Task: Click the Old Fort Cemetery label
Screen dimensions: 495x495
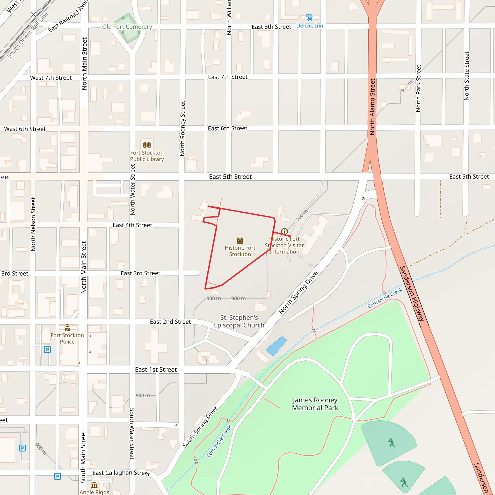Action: pyautogui.click(x=127, y=27)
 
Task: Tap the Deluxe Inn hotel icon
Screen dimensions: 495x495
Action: pyautogui.click(x=310, y=17)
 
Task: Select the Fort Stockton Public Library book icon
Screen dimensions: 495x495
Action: pyautogui.click(x=147, y=145)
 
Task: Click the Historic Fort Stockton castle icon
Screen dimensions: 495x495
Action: pyautogui.click(x=240, y=240)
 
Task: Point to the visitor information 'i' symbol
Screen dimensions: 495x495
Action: pyautogui.click(x=284, y=231)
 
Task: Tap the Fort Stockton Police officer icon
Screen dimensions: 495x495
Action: pyautogui.click(x=67, y=328)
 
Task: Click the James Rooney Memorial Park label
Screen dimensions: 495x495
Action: pyautogui.click(x=315, y=404)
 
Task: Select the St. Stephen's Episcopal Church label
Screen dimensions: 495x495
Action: pyautogui.click(x=239, y=321)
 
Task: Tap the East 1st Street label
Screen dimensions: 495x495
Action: pyautogui.click(x=156, y=370)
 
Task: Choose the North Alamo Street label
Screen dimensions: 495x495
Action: pyautogui.click(x=372, y=107)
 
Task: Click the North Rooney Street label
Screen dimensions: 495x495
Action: pyautogui.click(x=182, y=128)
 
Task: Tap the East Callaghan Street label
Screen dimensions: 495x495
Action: pyautogui.click(x=121, y=473)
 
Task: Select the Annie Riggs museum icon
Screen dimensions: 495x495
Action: pyautogui.click(x=94, y=485)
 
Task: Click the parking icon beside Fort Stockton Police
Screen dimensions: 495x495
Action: pyautogui.click(x=47, y=349)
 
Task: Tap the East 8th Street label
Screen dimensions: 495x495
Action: pyautogui.click(x=271, y=27)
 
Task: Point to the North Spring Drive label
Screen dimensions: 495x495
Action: pyautogui.click(x=298, y=292)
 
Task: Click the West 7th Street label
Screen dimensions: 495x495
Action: pyautogui.click(x=51, y=78)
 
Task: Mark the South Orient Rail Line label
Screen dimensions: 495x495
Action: pyautogui.click(x=27, y=35)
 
